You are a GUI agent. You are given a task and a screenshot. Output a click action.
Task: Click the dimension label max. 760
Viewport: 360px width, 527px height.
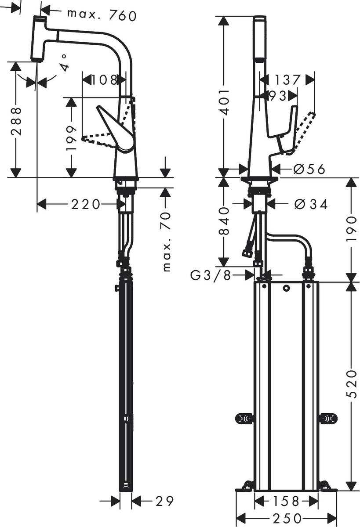pos(102,15)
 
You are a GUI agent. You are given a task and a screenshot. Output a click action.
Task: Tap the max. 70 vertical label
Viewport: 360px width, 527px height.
pos(166,242)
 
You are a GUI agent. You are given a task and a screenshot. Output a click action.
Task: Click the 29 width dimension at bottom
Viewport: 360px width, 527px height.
pos(164,501)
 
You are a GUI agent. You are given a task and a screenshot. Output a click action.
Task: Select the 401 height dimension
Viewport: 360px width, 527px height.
pos(224,101)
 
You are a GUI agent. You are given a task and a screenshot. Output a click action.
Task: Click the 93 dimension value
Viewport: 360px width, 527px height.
pos(277,95)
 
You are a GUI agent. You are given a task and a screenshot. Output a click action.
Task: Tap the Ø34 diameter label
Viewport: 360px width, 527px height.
pos(311,204)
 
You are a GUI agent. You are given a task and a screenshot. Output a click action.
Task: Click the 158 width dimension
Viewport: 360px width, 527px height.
pos(286,501)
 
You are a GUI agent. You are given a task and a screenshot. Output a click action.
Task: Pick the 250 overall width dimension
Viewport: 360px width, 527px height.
pos(286,518)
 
